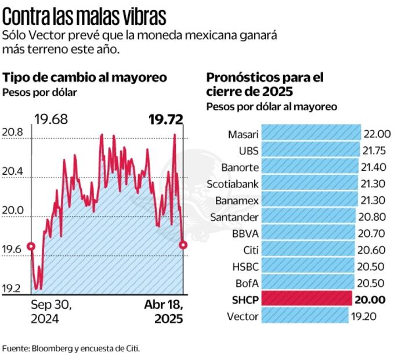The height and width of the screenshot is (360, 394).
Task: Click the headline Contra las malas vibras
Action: click(x=84, y=16)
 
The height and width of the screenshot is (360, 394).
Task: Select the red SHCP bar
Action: click(x=306, y=298)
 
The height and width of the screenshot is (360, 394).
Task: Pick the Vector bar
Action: click(x=305, y=315)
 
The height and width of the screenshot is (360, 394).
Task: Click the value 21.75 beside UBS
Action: click(x=377, y=150)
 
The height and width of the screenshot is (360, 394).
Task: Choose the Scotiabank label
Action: click(x=233, y=183)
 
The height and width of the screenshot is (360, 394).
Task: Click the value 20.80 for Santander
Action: click(x=373, y=217)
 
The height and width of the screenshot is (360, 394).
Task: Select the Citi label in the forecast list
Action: click(x=250, y=250)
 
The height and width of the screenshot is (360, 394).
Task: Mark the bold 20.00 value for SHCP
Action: click(x=372, y=299)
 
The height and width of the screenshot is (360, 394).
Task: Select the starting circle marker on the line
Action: click(x=31, y=246)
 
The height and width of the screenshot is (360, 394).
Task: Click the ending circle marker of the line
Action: click(x=183, y=245)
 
